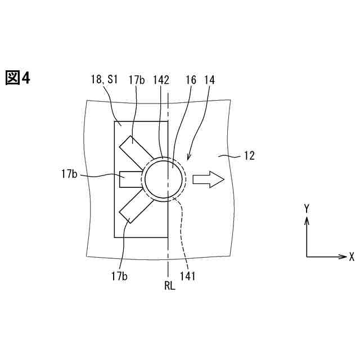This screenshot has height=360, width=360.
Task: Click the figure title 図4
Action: pyautogui.click(x=17, y=78)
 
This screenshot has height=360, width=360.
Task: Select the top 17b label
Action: pyautogui.click(x=136, y=80)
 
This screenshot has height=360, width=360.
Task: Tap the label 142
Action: pyautogui.click(x=161, y=80)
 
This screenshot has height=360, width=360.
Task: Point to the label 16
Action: pyautogui.click(x=191, y=80)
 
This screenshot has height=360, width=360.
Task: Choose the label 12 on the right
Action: pyautogui.click(x=248, y=155)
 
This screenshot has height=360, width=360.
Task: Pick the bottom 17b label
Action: pyautogui.click(x=120, y=276)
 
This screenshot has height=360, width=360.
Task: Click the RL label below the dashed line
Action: pyautogui.click(x=169, y=286)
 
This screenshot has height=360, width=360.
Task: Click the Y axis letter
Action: pyautogui.click(x=307, y=208)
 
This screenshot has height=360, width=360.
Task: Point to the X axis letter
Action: pyautogui.click(x=352, y=256)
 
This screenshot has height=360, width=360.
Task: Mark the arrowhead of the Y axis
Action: pyautogui.click(x=307, y=219)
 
